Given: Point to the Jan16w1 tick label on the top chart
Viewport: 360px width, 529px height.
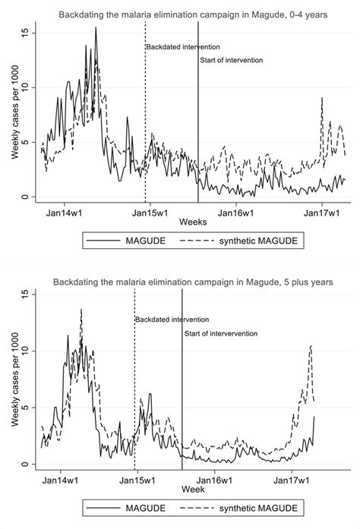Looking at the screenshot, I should (x=235, y=210).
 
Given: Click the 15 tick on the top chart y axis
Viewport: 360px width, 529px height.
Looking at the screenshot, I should (x=24, y=33).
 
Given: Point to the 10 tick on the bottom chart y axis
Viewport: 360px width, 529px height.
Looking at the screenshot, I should (x=24, y=351).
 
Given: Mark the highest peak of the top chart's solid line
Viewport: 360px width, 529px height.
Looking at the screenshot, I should (x=96, y=28).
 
